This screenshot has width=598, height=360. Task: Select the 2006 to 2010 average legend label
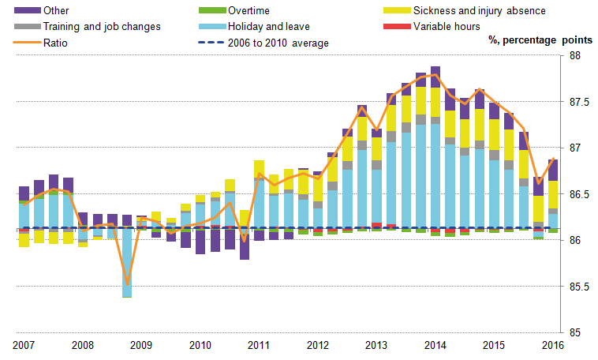278,42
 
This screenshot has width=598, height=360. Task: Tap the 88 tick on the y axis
574,56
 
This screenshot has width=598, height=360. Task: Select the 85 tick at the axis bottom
574,332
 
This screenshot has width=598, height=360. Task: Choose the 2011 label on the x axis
258,345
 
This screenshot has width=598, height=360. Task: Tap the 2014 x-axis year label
435,345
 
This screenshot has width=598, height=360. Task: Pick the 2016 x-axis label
554,345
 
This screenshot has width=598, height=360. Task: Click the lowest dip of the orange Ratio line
126,284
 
